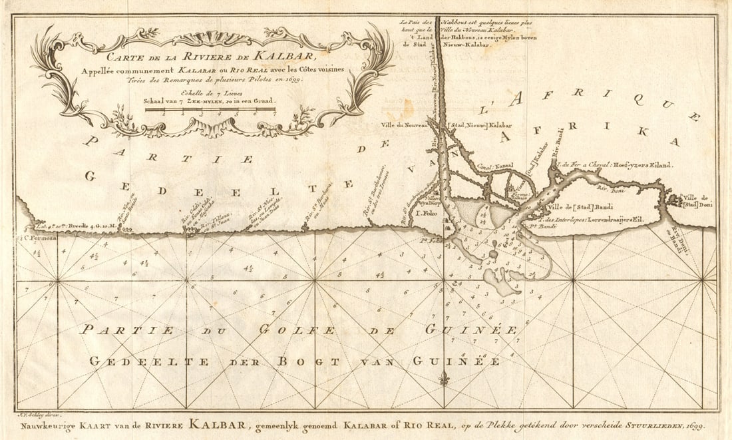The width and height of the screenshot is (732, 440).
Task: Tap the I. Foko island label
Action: pos(426,214)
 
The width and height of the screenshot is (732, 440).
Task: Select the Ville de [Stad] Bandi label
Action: pos(582,207)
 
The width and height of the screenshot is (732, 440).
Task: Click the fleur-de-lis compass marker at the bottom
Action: pos(444,380)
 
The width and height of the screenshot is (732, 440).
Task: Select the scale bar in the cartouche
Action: pos(210,111)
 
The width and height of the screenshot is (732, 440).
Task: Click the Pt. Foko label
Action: pos(433,241)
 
